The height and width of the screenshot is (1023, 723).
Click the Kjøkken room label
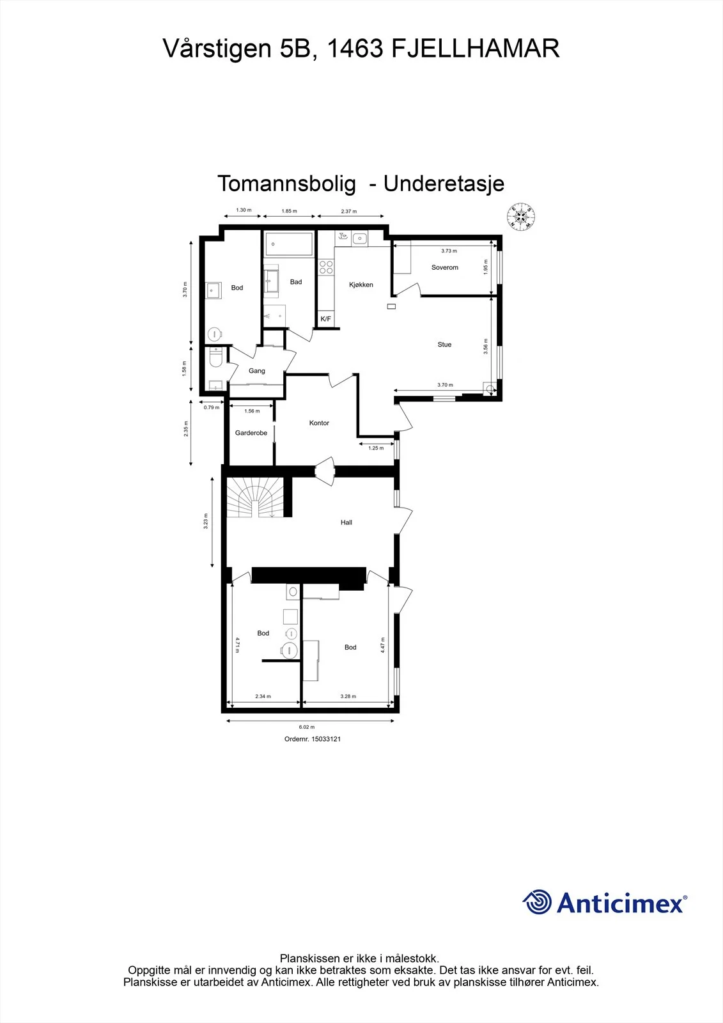(x=361, y=285)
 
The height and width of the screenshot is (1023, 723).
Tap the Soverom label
(x=444, y=267)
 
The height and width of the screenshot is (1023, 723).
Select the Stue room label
(x=444, y=345)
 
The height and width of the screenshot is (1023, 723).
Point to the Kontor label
(x=319, y=423)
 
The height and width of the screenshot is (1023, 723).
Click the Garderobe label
(x=251, y=432)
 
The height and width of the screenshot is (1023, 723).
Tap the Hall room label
(x=346, y=522)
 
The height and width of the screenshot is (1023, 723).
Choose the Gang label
(x=257, y=371)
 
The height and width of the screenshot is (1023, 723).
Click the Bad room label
(x=296, y=282)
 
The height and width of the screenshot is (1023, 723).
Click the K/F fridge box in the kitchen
(x=325, y=319)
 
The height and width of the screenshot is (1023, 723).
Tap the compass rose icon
(x=521, y=216)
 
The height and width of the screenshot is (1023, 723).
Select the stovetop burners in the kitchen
(x=326, y=267)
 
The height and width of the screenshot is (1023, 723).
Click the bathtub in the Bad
(x=290, y=244)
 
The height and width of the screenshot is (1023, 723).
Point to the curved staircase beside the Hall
(x=255, y=497)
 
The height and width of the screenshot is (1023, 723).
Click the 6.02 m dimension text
(x=306, y=727)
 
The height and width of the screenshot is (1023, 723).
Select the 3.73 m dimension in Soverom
(x=449, y=251)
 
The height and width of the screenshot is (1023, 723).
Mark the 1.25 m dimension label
(x=376, y=448)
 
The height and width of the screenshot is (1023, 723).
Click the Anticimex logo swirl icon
(x=537, y=902)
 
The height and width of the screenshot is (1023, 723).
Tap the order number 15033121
(x=326, y=739)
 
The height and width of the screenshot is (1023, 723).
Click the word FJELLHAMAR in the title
(x=476, y=49)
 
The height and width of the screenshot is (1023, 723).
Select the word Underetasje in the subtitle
(x=444, y=184)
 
